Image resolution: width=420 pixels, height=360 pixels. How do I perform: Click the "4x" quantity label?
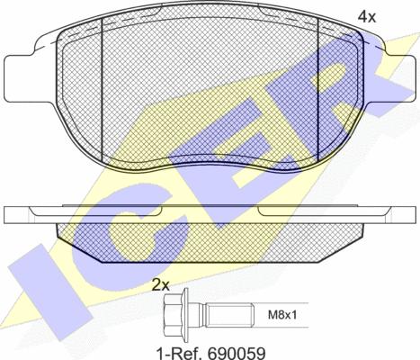click(368, 16)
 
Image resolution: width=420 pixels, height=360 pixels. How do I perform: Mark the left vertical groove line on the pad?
click(104, 90)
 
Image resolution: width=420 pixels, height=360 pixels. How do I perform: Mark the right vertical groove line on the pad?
click(321, 90)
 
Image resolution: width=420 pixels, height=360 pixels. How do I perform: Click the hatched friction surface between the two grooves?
click(211, 90)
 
